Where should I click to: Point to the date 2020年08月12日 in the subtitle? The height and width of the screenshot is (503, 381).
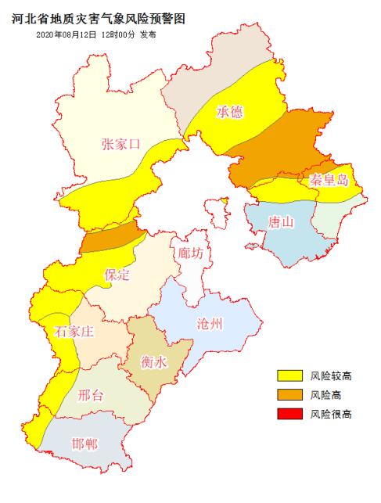tap(66, 35)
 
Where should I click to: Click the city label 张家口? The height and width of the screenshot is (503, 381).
tap(120, 143)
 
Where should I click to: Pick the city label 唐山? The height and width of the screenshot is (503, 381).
tap(280, 222)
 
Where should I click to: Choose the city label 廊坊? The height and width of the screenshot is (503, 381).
tap(190, 253)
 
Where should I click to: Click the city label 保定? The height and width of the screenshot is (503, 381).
tap(117, 275)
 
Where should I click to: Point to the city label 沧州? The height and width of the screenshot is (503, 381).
tap(211, 324)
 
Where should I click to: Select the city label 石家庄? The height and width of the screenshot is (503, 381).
tap(74, 332)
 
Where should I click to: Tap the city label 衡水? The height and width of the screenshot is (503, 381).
tap(153, 362)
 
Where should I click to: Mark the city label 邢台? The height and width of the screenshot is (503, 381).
tap(91, 394)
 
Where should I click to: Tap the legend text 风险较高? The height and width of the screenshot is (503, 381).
tap(329, 376)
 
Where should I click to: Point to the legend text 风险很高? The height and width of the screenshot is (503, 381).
tap(329, 414)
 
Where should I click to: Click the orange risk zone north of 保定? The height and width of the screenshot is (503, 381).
tap(110, 237)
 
